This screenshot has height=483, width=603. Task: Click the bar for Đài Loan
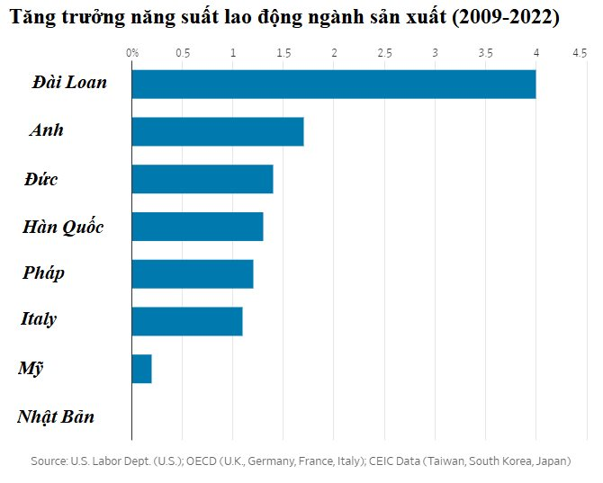[x=333, y=84]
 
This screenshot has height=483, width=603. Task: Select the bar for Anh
[x=217, y=131]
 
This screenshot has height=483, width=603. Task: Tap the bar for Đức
[x=202, y=179]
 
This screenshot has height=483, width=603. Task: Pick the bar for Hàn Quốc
[x=197, y=227]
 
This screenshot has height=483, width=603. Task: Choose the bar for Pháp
[x=192, y=273]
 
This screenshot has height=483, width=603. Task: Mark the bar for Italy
[x=186, y=321]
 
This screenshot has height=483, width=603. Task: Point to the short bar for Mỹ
[x=141, y=369]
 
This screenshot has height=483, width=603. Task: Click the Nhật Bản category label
[x=56, y=417]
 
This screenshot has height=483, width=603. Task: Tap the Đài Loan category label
[x=69, y=83]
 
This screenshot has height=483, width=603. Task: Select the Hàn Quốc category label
[x=63, y=227]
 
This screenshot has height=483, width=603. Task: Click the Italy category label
[x=39, y=319]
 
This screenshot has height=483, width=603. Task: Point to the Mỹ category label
[x=31, y=369]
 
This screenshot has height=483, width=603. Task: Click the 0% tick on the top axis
[x=132, y=54]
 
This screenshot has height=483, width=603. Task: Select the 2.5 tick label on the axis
[x=384, y=54]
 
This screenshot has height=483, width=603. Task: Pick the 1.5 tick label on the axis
[x=283, y=54]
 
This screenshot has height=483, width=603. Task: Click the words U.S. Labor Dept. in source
[x=107, y=461]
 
